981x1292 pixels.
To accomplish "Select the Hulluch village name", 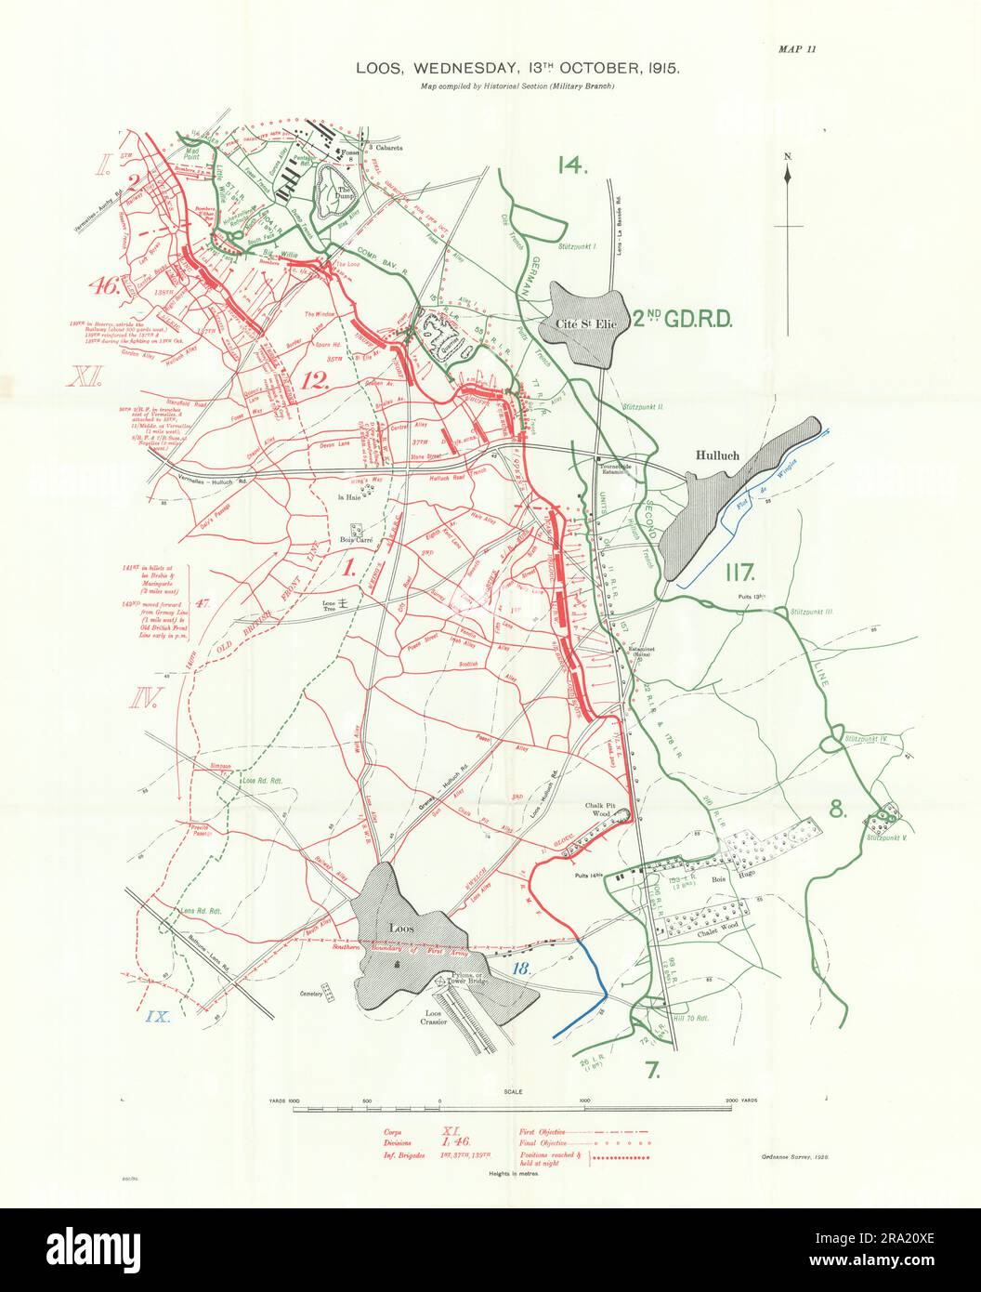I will (722, 456).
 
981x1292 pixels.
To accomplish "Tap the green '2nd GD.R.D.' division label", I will (685, 321).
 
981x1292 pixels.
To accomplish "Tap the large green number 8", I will (838, 810).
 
